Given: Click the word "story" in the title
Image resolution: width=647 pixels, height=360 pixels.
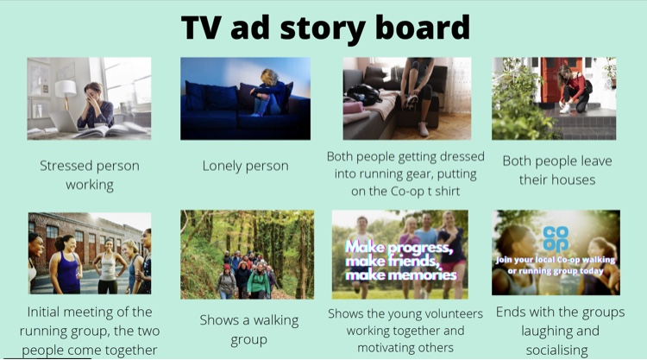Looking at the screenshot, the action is [x=323, y=28].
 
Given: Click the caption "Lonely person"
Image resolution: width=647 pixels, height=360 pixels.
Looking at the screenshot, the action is [x=245, y=166].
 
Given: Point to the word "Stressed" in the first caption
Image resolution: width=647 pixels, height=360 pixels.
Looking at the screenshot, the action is [x=66, y=166].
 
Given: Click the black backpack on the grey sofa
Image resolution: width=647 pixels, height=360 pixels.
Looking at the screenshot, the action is [x=364, y=94].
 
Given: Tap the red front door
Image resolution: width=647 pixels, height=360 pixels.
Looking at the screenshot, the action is [x=556, y=80].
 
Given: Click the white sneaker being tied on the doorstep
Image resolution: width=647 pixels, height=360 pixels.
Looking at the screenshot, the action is [x=565, y=109].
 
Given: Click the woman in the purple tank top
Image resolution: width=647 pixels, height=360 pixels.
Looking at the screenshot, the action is [x=66, y=264].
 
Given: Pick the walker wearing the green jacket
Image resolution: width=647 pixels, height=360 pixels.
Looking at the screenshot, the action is [x=258, y=281].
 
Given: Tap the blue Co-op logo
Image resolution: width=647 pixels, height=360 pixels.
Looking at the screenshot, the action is [x=556, y=238].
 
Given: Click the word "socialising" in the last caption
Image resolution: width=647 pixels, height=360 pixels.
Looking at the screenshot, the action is [x=556, y=351].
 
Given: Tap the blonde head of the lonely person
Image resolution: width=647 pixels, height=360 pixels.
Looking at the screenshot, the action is [x=269, y=77].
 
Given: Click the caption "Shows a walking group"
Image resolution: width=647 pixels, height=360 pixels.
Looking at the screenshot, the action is [x=248, y=330].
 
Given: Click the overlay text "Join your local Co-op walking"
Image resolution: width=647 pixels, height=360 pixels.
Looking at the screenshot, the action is [x=556, y=260].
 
